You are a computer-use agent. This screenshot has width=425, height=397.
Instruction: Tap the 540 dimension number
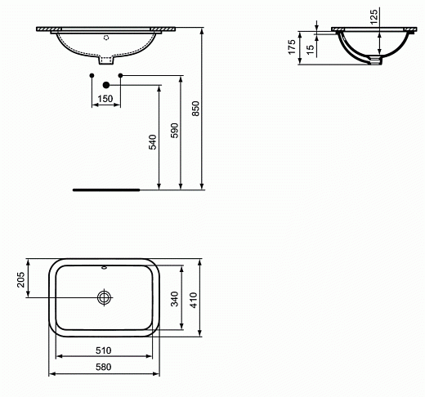(x=152, y=143)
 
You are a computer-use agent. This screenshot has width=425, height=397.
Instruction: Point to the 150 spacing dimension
(x=105, y=99)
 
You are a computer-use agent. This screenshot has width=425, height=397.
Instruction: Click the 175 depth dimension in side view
(x=291, y=47)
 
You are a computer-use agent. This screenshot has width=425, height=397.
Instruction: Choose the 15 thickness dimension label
(x=311, y=49)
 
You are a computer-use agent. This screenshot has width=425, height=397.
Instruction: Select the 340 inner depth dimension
(x=173, y=299)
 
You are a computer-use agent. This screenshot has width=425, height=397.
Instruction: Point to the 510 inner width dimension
(x=104, y=350)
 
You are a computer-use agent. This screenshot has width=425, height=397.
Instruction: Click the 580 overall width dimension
(x=104, y=368)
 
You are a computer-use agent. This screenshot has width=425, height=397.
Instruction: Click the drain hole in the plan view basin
(x=105, y=297)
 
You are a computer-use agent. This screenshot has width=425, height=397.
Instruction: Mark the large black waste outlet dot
(x=105, y=84)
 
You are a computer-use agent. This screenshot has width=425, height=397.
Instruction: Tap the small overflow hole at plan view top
(x=105, y=268)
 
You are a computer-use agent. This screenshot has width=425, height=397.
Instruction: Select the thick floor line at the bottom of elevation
(x=106, y=189)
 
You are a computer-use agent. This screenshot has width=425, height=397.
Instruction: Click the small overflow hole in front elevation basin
(x=105, y=37)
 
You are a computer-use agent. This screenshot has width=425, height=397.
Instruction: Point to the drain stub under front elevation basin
(x=105, y=60)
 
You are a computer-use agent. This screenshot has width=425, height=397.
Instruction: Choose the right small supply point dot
(x=120, y=76)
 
